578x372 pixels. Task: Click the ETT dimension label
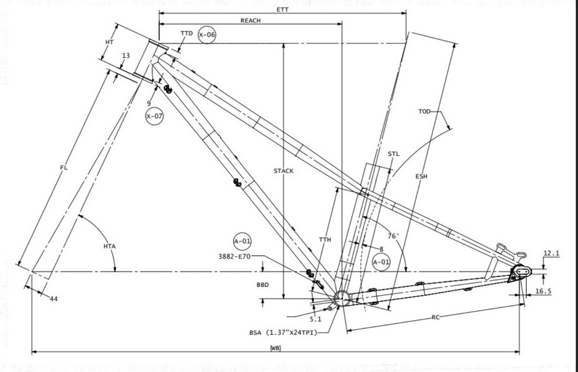pos(283,9)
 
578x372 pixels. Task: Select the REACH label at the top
pos(250,20)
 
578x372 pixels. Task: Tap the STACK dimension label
pos(283,171)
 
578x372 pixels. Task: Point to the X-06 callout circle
pos(207,35)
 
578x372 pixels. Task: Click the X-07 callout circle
pos(154,116)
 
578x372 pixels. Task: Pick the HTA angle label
pos(110,246)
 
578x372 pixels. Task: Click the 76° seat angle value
pos(393,236)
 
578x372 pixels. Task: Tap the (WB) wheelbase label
pos(275,349)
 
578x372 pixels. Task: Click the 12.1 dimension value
pos(551,253)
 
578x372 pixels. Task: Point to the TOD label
pos(424,111)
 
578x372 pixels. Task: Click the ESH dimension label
pos(421,176)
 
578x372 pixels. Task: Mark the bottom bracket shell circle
pos(341,299)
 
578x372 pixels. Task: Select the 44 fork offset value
pos(54,298)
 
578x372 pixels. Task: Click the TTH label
pos(325,239)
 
